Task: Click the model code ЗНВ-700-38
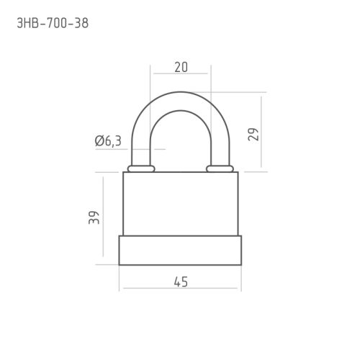tap(53, 24)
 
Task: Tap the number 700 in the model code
tap(56, 24)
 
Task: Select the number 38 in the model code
tap(81, 24)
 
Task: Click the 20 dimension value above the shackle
tap(181, 67)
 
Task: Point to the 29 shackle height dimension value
tap(253, 135)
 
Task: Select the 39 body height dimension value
tap(94, 217)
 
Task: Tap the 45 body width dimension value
tap(181, 282)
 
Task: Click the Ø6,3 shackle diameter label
tap(108, 141)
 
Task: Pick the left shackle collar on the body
tap(141, 168)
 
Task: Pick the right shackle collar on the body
tap(220, 168)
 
